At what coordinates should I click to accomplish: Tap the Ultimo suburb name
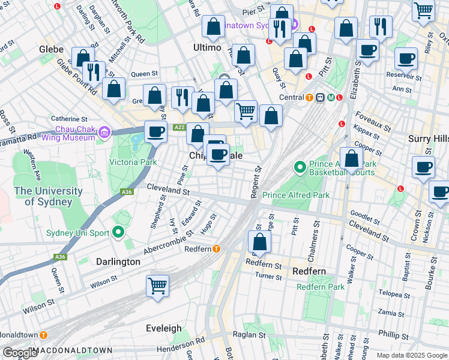click(208, 47)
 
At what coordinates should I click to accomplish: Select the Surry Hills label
click(428, 138)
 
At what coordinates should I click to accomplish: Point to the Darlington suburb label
click(118, 262)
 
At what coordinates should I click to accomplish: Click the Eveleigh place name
click(164, 328)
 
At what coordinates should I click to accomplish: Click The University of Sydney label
click(48, 196)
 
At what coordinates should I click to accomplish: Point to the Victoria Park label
click(132, 162)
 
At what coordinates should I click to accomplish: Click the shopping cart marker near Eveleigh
click(157, 286)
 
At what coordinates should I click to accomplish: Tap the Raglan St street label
click(253, 335)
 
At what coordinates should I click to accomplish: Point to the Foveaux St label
click(373, 122)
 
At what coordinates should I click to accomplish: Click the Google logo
click(20, 353)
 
